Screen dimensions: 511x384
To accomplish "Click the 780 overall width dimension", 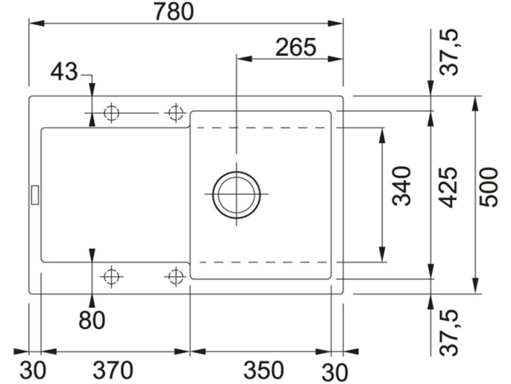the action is click(x=174, y=11).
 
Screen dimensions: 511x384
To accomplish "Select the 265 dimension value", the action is click(x=296, y=47).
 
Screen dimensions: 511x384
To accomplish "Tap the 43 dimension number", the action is click(x=64, y=72).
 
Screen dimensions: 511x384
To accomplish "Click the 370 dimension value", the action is click(x=113, y=370).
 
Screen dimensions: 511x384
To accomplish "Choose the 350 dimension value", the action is click(x=264, y=370).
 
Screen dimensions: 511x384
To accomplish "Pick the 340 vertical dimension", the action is click(x=401, y=186).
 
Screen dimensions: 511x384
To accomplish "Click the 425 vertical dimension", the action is click(x=448, y=187).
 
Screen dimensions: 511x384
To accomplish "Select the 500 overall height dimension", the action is click(x=489, y=187).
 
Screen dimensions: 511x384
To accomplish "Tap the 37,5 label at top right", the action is click(x=449, y=53).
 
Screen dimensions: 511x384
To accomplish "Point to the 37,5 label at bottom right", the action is click(x=449, y=333).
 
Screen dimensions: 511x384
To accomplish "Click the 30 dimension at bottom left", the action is click(x=33, y=370).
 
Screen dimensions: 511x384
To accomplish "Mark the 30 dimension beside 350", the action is click(x=335, y=372).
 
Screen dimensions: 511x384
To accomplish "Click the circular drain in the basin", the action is click(x=236, y=194).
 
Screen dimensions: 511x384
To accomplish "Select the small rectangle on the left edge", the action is click(x=35, y=194).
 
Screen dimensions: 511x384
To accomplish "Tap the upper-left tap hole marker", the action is click(x=111, y=113).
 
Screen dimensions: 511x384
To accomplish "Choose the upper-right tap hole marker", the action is click(x=176, y=113).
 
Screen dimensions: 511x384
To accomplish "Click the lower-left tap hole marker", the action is click(x=111, y=277).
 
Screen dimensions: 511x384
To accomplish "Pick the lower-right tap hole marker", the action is click(x=176, y=277).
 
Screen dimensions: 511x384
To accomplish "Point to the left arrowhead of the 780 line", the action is click(x=36, y=24).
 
